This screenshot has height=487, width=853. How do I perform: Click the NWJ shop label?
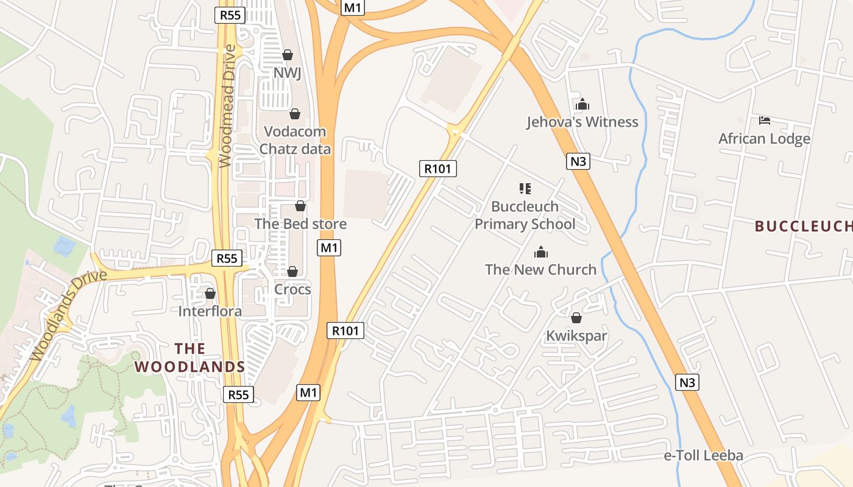click(288, 73)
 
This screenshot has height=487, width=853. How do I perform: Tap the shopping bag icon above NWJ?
click(288, 55)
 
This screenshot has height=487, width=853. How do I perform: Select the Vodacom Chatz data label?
click(295, 140)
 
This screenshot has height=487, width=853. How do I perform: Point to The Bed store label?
click(300, 223)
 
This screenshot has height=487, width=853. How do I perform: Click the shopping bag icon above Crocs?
click(292, 272)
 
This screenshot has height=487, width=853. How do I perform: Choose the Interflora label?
click(210, 311)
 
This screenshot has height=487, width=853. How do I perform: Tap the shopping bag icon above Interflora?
click(210, 293)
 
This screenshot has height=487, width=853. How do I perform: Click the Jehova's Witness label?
click(582, 122)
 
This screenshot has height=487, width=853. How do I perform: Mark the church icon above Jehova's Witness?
click(582, 104)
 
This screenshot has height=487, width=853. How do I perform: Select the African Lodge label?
click(764, 138)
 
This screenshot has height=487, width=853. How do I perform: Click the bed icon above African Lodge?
click(765, 121)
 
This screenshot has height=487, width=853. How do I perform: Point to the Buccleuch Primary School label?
click(525, 215)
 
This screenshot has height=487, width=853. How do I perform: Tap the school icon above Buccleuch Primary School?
click(525, 189)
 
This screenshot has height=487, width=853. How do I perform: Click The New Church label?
click(540, 269)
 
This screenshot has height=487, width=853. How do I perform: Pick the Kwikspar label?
click(576, 335)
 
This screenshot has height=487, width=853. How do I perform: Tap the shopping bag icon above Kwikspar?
click(576, 318)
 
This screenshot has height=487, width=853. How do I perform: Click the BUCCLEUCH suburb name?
click(803, 226)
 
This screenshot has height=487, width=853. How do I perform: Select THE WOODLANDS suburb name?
click(190, 357)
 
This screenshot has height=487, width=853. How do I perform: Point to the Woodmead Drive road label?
click(227, 106)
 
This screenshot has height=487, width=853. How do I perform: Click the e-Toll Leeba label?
click(703, 455)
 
